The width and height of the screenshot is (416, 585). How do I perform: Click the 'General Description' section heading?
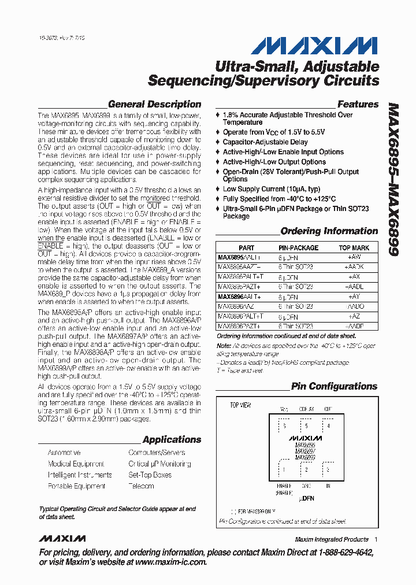click(x=154, y=105)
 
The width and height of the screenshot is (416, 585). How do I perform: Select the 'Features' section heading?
click(x=358, y=105)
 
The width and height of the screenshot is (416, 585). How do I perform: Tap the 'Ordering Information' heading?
click(x=329, y=231)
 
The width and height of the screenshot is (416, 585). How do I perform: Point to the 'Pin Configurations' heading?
click(x=334, y=386)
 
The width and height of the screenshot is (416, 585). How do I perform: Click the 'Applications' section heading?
click(x=172, y=439)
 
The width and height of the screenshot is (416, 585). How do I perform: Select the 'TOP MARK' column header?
click(x=358, y=247)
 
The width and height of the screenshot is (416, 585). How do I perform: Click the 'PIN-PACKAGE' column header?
click(x=298, y=247)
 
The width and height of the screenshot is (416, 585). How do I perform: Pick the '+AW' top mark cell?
click(x=354, y=257)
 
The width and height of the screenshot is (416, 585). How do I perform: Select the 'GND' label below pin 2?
click(x=306, y=486)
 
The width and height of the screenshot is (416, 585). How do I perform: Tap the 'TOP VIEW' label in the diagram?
click(x=240, y=405)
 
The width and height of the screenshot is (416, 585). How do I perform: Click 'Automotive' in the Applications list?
click(x=64, y=453)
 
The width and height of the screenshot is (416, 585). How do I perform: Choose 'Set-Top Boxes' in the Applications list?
click(x=150, y=475)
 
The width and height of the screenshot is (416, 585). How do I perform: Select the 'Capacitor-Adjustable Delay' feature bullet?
click(x=265, y=142)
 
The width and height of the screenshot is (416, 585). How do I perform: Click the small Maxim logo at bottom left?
click(x=62, y=539)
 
